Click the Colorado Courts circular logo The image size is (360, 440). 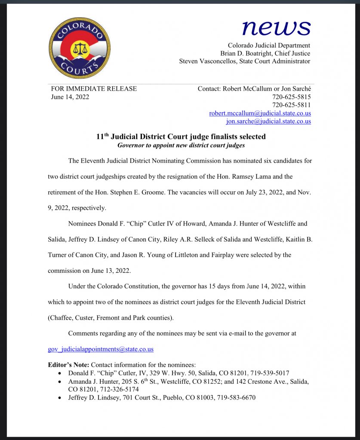click(79, 48)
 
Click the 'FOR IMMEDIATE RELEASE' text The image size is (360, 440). click(94, 89)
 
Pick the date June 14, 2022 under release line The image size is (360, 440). click(70, 97)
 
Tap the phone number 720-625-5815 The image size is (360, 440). click(292, 97)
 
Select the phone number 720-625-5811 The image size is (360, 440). click(292, 105)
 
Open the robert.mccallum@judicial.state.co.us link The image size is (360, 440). click(260, 113)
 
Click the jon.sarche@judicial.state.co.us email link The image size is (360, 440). click(268, 122)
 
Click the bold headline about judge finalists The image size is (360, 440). click(181, 137)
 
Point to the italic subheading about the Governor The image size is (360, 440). click(181, 145)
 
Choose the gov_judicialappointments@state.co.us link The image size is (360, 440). click(101, 349)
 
